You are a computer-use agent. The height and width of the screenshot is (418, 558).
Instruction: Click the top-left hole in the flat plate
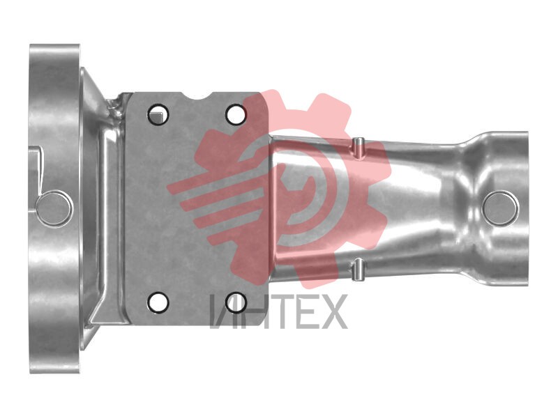point(158,114)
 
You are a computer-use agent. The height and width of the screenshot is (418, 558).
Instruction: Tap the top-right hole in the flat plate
point(236,114)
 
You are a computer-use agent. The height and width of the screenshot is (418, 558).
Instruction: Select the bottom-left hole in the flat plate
point(158,302)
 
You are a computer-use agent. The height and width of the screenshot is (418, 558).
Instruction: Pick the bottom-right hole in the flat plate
point(236,302)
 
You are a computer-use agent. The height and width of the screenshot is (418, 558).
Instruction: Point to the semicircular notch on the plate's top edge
point(197,96)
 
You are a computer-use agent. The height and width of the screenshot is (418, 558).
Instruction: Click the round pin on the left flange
point(54,208)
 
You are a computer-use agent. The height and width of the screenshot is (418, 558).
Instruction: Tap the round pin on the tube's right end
point(500,208)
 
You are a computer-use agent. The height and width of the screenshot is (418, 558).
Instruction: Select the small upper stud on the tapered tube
point(359,148)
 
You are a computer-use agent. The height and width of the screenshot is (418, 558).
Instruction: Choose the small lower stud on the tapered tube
point(358,270)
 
